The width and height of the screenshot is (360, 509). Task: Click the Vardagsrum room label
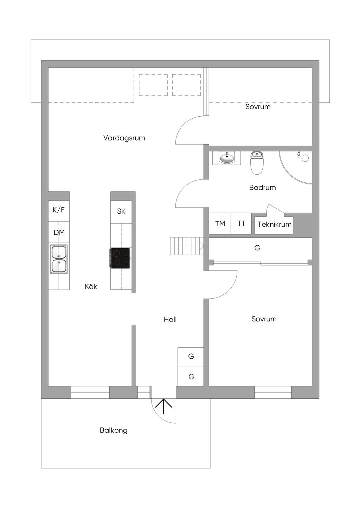pyautogui.click(x=124, y=138)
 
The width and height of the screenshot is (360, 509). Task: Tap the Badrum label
pyautogui.click(x=262, y=188)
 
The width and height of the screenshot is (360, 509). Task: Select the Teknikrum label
pyautogui.click(x=275, y=224)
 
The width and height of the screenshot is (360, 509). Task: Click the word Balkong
pyautogui.click(x=114, y=430)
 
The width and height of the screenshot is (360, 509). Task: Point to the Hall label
pyautogui.click(x=170, y=320)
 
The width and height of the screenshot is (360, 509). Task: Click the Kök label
pyautogui.click(x=91, y=286)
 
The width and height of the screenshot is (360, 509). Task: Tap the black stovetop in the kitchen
pyautogui.click(x=120, y=258)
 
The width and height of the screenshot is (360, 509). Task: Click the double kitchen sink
pyautogui.click(x=59, y=259)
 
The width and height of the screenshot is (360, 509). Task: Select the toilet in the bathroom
pyautogui.click(x=257, y=163)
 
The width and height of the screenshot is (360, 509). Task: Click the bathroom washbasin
pyautogui.click(x=226, y=157)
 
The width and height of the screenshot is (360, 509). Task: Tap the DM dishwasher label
pyautogui.click(x=59, y=233)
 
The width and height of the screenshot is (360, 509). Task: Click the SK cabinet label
pyautogui.click(x=121, y=211)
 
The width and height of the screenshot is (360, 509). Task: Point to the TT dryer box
pyautogui.click(x=241, y=224)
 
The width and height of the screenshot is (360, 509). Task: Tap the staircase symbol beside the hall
pyautogui.click(x=187, y=246)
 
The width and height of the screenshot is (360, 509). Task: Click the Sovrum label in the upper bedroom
pyautogui.click(x=258, y=107)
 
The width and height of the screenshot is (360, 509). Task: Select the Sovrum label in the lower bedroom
pyautogui.click(x=264, y=319)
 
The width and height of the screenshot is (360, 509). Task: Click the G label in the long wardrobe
pyautogui.click(x=257, y=248)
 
